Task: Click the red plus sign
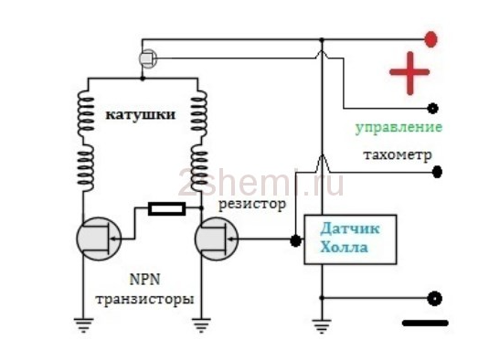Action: [409, 73]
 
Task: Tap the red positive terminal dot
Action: [431, 39]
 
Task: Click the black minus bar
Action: [425, 323]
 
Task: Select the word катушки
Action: [141, 115]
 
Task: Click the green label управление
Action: [399, 128]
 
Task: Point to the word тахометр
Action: [398, 154]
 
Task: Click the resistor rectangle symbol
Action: [167, 208]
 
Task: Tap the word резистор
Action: [252, 205]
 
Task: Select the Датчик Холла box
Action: [350, 239]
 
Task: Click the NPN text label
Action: [144, 280]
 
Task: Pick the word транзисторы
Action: [144, 299]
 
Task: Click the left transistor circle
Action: [100, 238]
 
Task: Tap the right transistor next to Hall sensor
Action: [217, 238]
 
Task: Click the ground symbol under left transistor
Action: [83, 324]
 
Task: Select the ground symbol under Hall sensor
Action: [322, 325]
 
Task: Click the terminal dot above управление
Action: [433, 109]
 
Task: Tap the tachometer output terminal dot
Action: [437, 172]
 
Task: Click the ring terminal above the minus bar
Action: [434, 299]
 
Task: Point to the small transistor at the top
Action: [148, 58]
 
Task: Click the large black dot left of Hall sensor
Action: [295, 240]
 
